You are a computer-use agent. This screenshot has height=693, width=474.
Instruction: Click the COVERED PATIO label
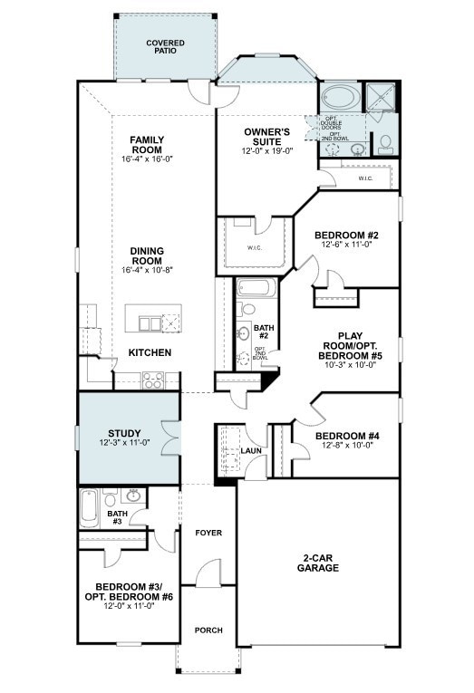pos(165,47)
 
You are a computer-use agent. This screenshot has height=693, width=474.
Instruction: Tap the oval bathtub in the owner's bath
pos(341,96)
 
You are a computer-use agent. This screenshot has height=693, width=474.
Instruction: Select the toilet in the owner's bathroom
pos(385,145)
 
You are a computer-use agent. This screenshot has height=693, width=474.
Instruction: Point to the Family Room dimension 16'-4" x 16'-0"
pos(147,159)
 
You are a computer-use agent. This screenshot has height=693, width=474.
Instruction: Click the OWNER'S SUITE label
pos(267,137)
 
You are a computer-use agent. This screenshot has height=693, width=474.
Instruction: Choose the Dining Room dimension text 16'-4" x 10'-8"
pos(147,270)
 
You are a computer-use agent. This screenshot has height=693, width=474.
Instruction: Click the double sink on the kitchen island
pos(150,324)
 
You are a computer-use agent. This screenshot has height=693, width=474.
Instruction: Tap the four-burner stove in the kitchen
pos(153,380)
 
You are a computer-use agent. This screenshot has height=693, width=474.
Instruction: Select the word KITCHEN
pos(150,352)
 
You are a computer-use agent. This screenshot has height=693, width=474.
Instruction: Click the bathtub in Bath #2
pos(256,289)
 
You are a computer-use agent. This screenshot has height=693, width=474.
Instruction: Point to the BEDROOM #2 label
pos(346,236)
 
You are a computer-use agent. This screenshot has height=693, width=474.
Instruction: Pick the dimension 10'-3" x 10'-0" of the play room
pos(350,365)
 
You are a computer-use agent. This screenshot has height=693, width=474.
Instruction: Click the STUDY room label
pos(125,433)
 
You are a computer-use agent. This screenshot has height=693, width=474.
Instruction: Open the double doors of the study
pos(171,438)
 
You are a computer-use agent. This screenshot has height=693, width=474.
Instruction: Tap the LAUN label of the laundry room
pos(251,451)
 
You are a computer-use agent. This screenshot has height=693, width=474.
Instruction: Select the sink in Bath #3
pos(133,496)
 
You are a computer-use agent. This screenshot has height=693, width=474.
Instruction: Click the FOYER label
pos(208,533)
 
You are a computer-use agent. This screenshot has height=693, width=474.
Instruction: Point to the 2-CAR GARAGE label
pos(318,563)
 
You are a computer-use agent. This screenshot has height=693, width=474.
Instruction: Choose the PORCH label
pos(208,630)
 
